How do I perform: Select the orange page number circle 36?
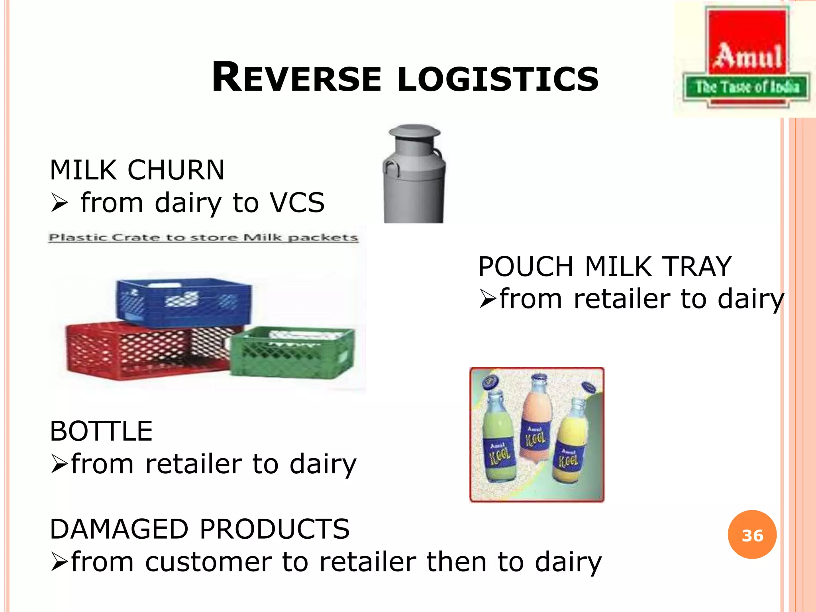(x=752, y=535)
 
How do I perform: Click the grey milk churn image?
(x=414, y=183)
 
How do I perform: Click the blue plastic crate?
(x=183, y=302)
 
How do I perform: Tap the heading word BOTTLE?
(x=101, y=431)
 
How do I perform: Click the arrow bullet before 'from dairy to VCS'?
(x=59, y=204)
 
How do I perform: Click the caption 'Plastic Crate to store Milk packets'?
(x=203, y=238)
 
